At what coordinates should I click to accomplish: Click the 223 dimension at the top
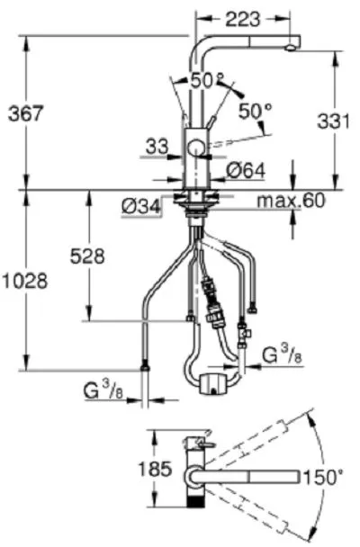pyautogui.click(x=242, y=19)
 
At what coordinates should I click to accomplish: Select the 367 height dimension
pyautogui.click(x=26, y=113)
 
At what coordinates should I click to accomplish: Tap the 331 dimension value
pyautogui.click(x=333, y=121)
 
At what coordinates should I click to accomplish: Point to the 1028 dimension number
pyautogui.click(x=25, y=281)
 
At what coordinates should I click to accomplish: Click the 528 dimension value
pyautogui.click(x=87, y=256)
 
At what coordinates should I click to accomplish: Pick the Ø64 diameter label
pyautogui.click(x=246, y=171)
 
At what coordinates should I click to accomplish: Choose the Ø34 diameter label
pyautogui.click(x=141, y=207)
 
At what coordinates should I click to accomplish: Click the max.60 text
pyautogui.click(x=291, y=201)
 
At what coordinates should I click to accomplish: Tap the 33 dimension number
pyautogui.click(x=157, y=147)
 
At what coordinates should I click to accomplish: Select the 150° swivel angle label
pyautogui.click(x=324, y=477)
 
